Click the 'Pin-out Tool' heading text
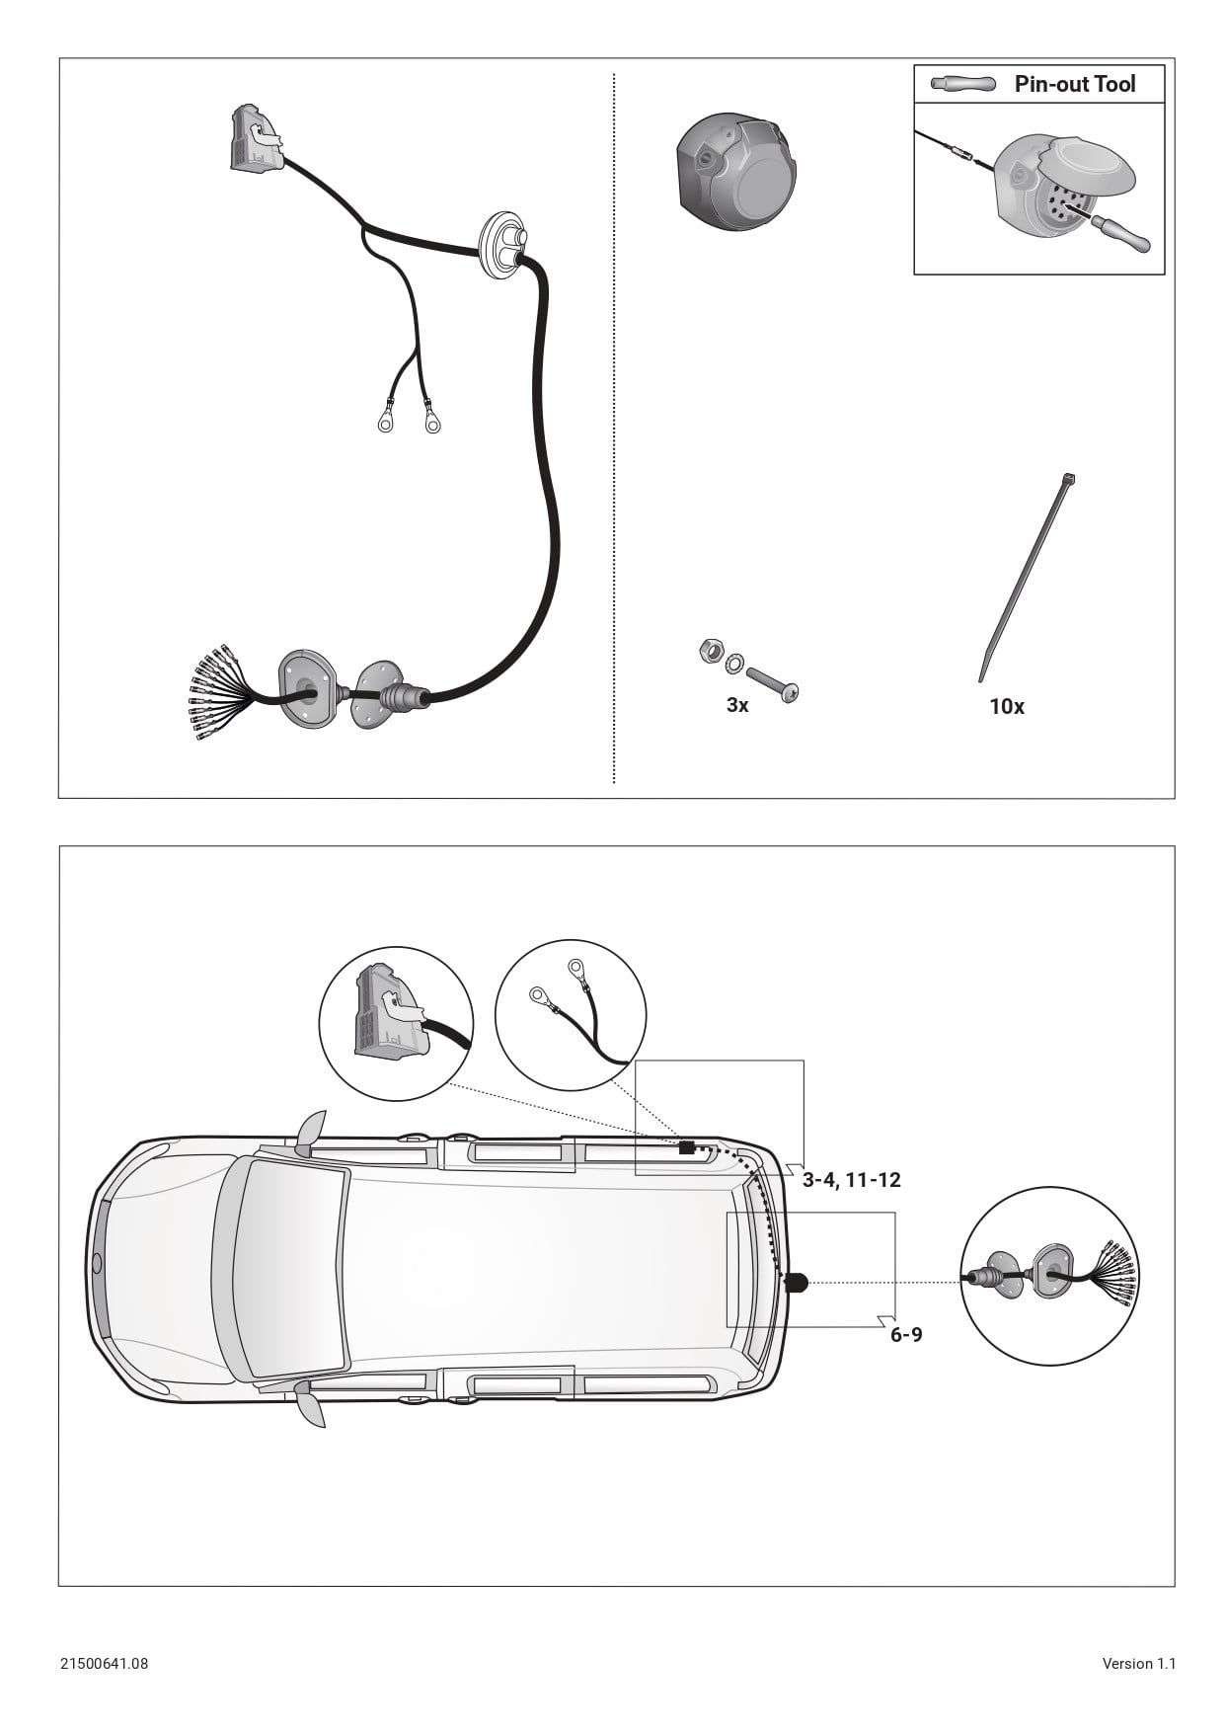1075,84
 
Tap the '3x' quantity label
737,705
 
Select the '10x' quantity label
1007,707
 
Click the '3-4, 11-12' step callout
851,1180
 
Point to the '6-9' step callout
906,1335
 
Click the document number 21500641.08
104,1663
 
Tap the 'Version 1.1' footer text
1138,1663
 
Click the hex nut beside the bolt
708,650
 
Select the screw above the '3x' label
773,682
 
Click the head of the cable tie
1070,480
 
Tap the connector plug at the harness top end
255,138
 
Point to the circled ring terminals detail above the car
571,1015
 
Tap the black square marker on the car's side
687,1147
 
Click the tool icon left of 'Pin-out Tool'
962,84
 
